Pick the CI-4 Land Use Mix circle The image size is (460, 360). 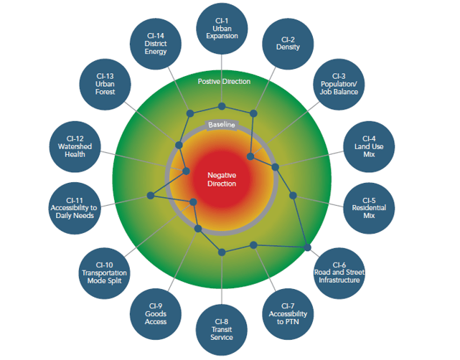tap(369, 148)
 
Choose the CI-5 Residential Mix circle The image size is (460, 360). tap(369, 207)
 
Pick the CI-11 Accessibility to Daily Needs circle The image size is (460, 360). tap(75, 209)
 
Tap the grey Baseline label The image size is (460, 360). tap(222, 125)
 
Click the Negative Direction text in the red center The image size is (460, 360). tap(222, 179)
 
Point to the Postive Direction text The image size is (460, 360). tap(225, 81)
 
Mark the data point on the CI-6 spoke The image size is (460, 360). tap(308, 247)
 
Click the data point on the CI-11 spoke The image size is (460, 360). tap(151, 195)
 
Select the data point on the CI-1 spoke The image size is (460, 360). tap(222, 107)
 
